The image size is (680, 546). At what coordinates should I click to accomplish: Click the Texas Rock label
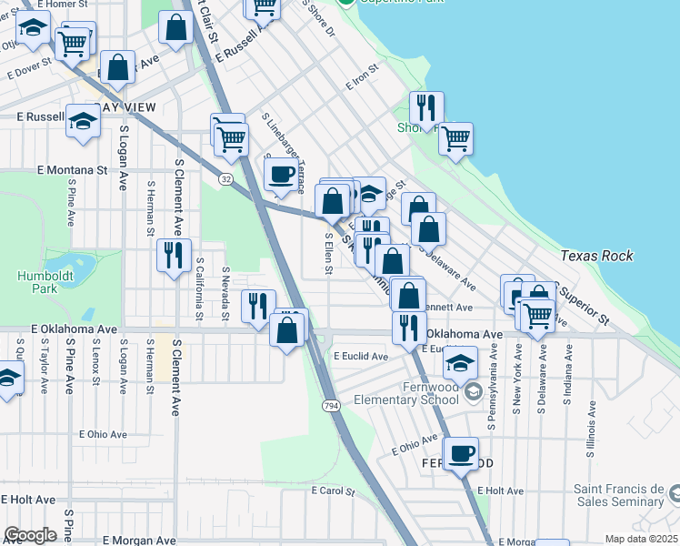pyautogui.click(x=596, y=256)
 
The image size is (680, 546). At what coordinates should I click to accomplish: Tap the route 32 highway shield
pyautogui.click(x=225, y=179)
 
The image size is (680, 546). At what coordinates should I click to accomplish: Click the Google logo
pyautogui.click(x=30, y=534)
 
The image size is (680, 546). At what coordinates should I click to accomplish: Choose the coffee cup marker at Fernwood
pyautogui.click(x=461, y=454)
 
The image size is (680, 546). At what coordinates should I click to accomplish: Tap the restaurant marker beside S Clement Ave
pyautogui.click(x=172, y=255)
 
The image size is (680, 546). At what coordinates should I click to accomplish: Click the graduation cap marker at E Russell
pyautogui.click(x=83, y=123)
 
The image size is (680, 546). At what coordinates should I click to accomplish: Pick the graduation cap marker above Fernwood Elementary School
pyautogui.click(x=461, y=364)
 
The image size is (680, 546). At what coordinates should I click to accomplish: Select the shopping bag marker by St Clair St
pyautogui.click(x=175, y=29)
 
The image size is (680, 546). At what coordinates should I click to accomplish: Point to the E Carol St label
pyautogui.click(x=332, y=490)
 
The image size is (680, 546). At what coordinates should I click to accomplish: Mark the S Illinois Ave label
pyautogui.click(x=591, y=419)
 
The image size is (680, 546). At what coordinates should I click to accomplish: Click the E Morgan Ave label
pyautogui.click(x=138, y=540)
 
